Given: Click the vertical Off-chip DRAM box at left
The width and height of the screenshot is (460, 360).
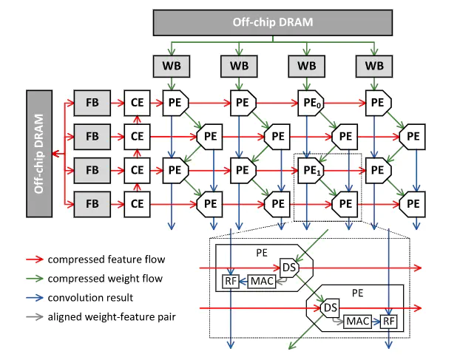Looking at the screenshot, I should pyautogui.click(x=38, y=153).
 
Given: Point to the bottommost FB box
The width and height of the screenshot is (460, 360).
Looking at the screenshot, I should pyautogui.click(x=92, y=203).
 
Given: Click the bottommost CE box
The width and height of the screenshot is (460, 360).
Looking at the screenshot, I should pyautogui.click(x=137, y=203).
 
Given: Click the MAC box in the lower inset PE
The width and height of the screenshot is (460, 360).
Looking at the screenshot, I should pyautogui.click(x=357, y=322).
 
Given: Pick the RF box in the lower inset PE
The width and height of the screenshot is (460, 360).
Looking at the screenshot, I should pyautogui.click(x=389, y=322).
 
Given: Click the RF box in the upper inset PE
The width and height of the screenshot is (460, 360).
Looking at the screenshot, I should pyautogui.click(x=231, y=281).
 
